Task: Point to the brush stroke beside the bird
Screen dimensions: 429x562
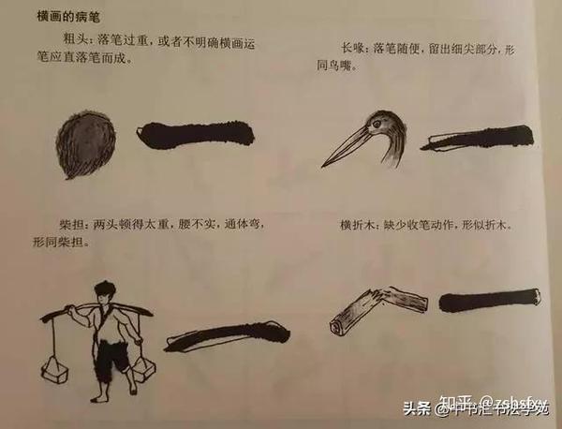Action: pyautogui.click(x=477, y=140)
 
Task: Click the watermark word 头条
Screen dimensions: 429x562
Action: pyautogui.click(x=416, y=408)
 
